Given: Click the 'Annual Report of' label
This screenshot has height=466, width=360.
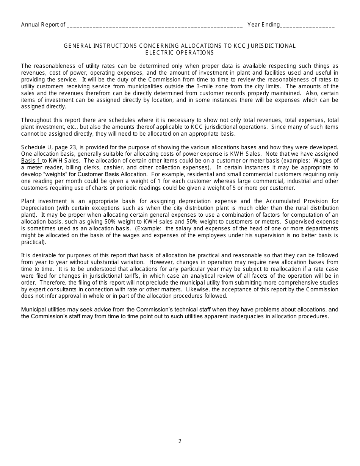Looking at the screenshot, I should (x=43, y=25).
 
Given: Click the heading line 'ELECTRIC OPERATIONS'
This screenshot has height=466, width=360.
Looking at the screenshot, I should (x=180, y=53).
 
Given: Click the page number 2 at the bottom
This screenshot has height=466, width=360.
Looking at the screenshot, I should (x=180, y=441).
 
